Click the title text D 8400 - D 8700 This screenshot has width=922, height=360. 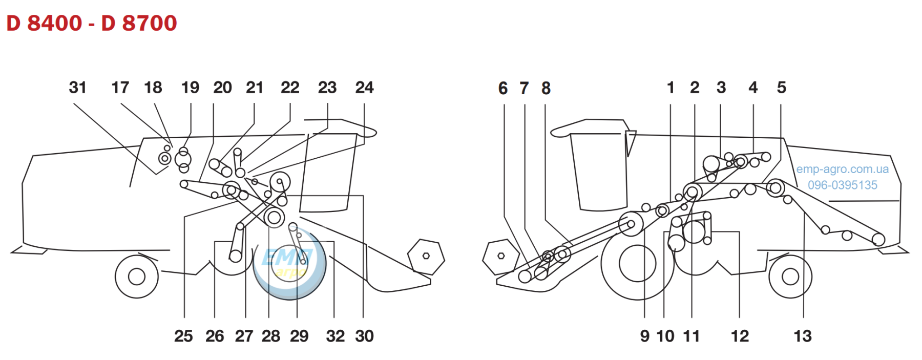point(92,24)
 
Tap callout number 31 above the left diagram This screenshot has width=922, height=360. point(77,88)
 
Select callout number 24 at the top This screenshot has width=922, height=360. point(364,88)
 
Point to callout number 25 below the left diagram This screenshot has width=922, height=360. point(183,336)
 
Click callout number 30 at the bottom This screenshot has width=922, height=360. point(364,336)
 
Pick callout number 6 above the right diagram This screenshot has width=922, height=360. point(503,88)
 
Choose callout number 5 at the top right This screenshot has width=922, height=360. point(781,88)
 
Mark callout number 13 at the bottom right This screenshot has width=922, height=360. point(803,336)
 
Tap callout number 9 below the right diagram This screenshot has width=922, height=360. point(644,336)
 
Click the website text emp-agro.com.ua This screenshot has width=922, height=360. point(842,169)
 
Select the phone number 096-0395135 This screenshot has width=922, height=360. point(843,185)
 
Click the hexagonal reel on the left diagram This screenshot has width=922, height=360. point(426,257)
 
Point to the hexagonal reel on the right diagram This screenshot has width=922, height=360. point(501,257)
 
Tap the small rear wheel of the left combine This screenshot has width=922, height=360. point(137,277)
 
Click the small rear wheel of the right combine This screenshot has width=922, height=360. point(790,277)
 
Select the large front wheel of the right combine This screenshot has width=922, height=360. point(637,264)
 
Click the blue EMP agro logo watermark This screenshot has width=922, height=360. point(290,264)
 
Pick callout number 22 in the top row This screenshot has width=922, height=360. point(290,88)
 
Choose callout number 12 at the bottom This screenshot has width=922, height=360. point(740,336)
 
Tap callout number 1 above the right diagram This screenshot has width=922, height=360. point(670,88)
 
